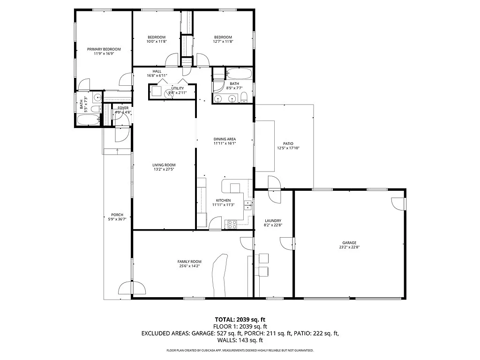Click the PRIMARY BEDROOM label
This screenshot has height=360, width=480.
[x=104, y=49]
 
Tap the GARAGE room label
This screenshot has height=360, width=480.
[x=349, y=243]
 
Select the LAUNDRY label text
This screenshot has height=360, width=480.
[x=273, y=221]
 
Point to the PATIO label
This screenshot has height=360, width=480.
[x=288, y=143]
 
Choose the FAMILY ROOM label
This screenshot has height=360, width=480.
[x=189, y=262]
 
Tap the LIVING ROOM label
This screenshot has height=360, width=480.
[x=164, y=165]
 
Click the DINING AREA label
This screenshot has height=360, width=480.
[x=225, y=139]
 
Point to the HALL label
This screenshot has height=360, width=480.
[x=157, y=71]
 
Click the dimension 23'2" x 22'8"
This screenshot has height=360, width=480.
[x=349, y=247]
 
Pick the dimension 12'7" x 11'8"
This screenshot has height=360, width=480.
[x=223, y=42]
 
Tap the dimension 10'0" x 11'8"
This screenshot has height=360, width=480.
[x=157, y=42]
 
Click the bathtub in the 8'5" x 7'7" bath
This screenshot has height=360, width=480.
[x=239, y=74]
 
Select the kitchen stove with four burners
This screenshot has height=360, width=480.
[x=232, y=224]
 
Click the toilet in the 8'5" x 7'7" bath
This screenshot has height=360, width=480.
[x=244, y=97]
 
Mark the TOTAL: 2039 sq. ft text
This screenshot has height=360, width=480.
[x=240, y=319]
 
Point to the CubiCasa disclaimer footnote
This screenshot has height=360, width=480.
[x=240, y=350]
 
